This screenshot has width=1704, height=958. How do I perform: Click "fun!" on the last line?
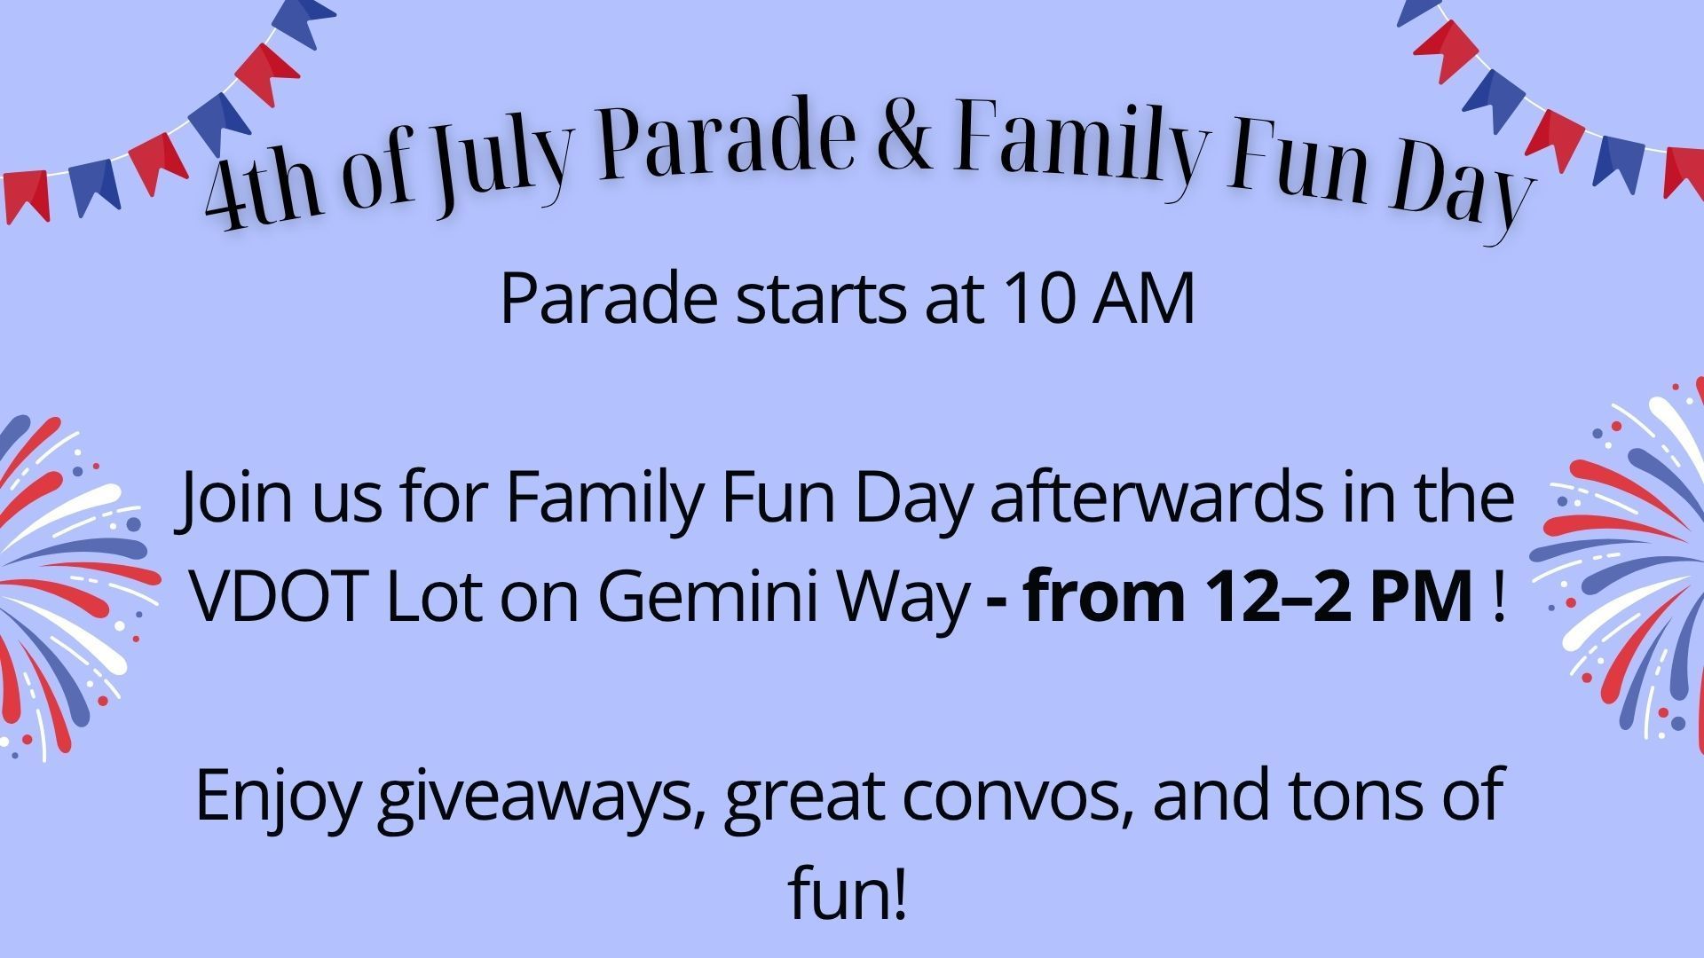point(848,894)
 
